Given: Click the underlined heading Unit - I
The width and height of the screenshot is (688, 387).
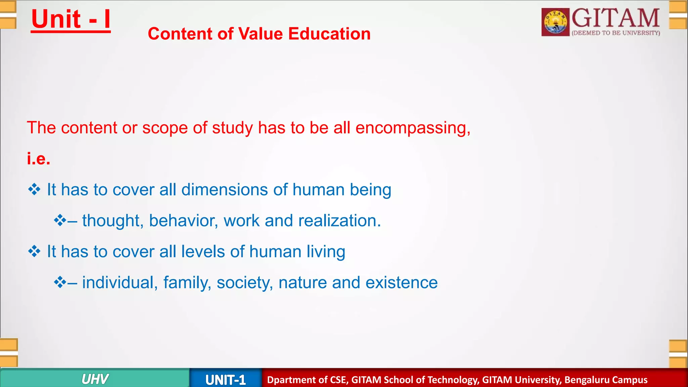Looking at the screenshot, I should [x=71, y=19].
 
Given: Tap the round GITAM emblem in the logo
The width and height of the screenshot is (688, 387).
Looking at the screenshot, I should [x=555, y=22].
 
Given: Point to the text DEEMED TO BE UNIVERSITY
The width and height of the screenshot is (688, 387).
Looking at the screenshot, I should [x=616, y=33].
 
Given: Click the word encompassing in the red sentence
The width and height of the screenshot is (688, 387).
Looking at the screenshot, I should [x=413, y=128].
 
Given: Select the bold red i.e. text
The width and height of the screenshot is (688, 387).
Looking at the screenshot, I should [x=39, y=159].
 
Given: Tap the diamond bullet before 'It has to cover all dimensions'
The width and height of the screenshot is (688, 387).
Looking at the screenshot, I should [x=34, y=190].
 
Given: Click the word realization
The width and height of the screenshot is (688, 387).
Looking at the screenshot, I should [x=339, y=221].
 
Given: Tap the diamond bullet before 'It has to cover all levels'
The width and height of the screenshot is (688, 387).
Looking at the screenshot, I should [x=34, y=252].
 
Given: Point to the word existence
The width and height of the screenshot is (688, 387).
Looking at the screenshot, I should [x=401, y=283].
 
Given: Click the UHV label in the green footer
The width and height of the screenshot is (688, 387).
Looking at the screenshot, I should [x=95, y=379].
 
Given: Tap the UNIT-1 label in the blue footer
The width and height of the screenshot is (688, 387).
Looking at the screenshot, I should [x=225, y=380].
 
